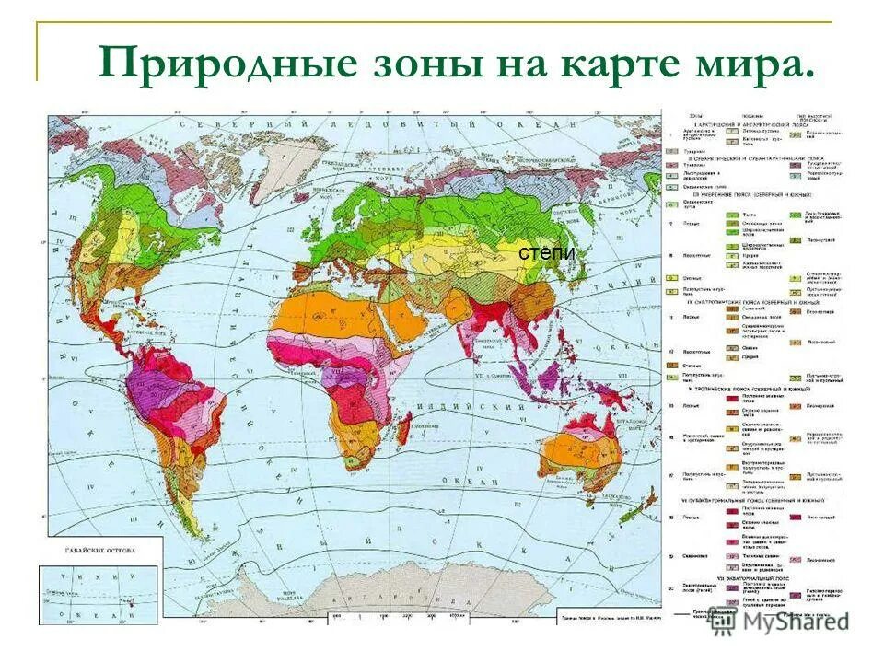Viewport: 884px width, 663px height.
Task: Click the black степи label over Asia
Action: (546, 253)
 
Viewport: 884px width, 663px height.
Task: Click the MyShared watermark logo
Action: (778, 621)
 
